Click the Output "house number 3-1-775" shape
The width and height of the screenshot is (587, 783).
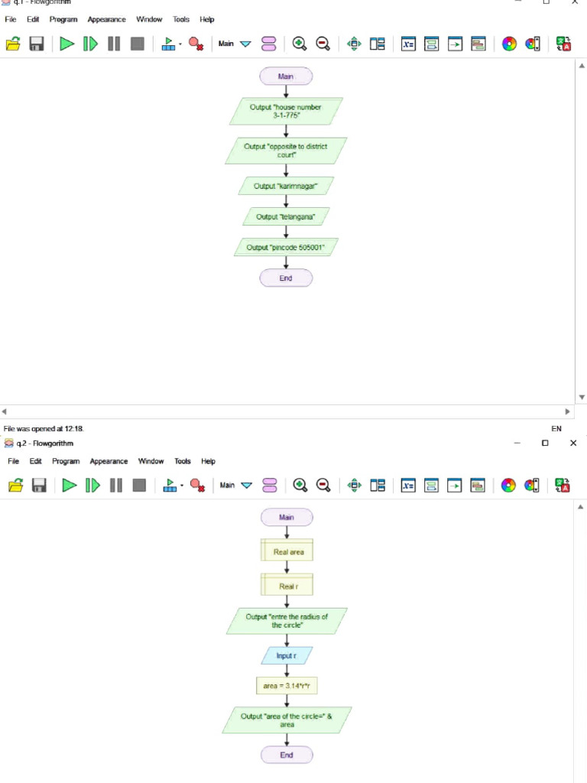(286, 111)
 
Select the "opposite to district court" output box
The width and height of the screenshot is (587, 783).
(286, 151)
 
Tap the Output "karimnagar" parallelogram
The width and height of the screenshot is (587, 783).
(286, 186)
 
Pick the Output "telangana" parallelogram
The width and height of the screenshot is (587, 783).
(286, 216)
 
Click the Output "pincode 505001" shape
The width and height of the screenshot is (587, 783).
(286, 248)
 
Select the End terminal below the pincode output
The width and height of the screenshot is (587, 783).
(286, 278)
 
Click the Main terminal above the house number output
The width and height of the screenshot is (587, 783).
(286, 76)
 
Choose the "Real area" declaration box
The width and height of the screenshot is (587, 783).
(287, 551)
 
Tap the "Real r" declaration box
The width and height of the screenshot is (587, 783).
(287, 586)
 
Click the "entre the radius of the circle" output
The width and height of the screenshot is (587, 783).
(287, 621)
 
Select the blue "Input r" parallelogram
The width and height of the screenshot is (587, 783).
(287, 656)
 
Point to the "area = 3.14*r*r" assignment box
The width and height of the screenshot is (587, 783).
(287, 686)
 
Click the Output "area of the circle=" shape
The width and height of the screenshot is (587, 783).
(287, 720)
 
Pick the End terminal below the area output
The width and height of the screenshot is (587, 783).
(287, 755)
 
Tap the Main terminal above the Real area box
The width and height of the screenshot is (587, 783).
(287, 518)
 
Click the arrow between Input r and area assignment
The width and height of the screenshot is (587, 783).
(287, 671)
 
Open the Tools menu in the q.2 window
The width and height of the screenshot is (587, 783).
(182, 461)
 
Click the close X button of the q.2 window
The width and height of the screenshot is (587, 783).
(573, 443)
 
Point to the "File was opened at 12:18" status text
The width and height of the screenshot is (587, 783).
(44, 429)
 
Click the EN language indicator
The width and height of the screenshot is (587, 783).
(556, 429)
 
